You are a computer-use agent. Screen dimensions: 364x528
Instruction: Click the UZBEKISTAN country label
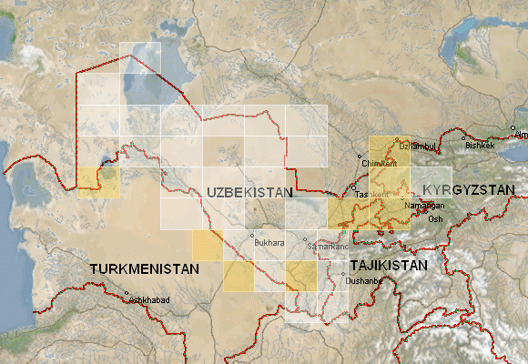249,193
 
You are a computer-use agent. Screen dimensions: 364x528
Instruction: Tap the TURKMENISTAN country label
144,270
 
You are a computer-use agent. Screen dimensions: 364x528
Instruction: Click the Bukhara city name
270,244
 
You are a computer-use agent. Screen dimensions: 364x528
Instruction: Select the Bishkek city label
480,145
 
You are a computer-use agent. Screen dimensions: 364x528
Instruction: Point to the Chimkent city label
380,164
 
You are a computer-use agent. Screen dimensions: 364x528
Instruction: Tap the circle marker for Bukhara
252,236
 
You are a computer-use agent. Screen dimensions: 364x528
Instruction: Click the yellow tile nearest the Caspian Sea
97,183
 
